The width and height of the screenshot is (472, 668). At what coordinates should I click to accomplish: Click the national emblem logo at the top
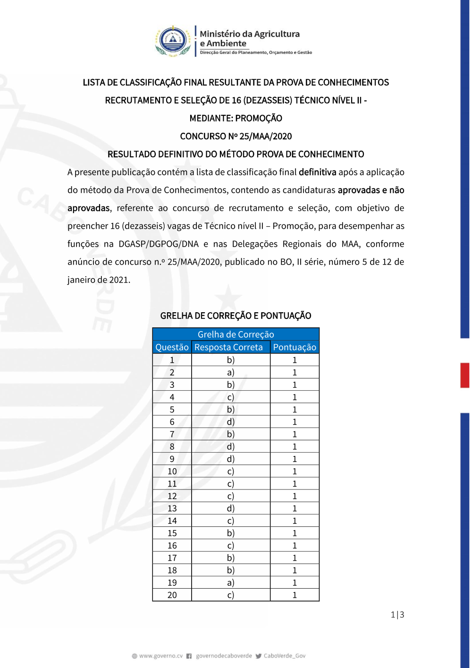click(x=173, y=41)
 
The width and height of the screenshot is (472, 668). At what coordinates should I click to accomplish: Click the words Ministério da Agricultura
click(x=249, y=34)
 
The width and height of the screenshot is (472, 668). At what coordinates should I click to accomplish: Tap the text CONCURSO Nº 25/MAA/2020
click(x=236, y=137)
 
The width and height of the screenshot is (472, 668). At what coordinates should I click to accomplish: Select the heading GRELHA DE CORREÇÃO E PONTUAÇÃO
click(x=236, y=316)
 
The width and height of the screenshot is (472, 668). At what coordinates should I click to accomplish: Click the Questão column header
click(x=172, y=347)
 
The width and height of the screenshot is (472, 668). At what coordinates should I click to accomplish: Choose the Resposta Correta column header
click(x=228, y=347)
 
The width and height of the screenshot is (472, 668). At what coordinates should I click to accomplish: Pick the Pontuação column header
click(x=295, y=347)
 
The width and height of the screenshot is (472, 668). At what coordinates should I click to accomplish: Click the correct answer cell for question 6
click(x=231, y=422)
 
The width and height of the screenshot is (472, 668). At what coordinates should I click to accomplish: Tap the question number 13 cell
click(x=172, y=508)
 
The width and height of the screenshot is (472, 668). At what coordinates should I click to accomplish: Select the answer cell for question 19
click(x=231, y=582)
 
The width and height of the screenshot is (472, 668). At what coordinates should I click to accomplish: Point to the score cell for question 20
click(x=295, y=595)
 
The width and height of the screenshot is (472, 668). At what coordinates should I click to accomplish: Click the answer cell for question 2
click(x=231, y=372)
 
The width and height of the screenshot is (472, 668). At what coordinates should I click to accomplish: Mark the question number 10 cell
click(x=172, y=471)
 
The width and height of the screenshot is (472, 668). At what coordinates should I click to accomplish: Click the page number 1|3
click(x=397, y=615)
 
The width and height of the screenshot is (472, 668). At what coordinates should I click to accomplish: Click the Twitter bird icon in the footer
click(x=258, y=656)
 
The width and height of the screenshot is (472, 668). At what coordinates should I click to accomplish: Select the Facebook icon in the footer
click(x=189, y=656)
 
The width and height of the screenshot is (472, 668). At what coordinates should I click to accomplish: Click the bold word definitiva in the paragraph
click(x=317, y=172)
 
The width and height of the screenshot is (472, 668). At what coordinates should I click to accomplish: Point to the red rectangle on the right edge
click(x=465, y=375)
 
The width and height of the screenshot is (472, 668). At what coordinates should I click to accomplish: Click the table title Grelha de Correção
click(x=236, y=334)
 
